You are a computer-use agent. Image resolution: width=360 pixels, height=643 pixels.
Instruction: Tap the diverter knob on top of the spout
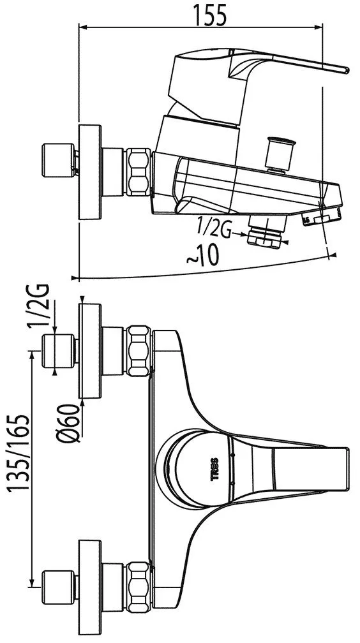[280, 154]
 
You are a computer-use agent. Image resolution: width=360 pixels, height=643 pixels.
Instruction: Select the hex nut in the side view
[139, 172]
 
